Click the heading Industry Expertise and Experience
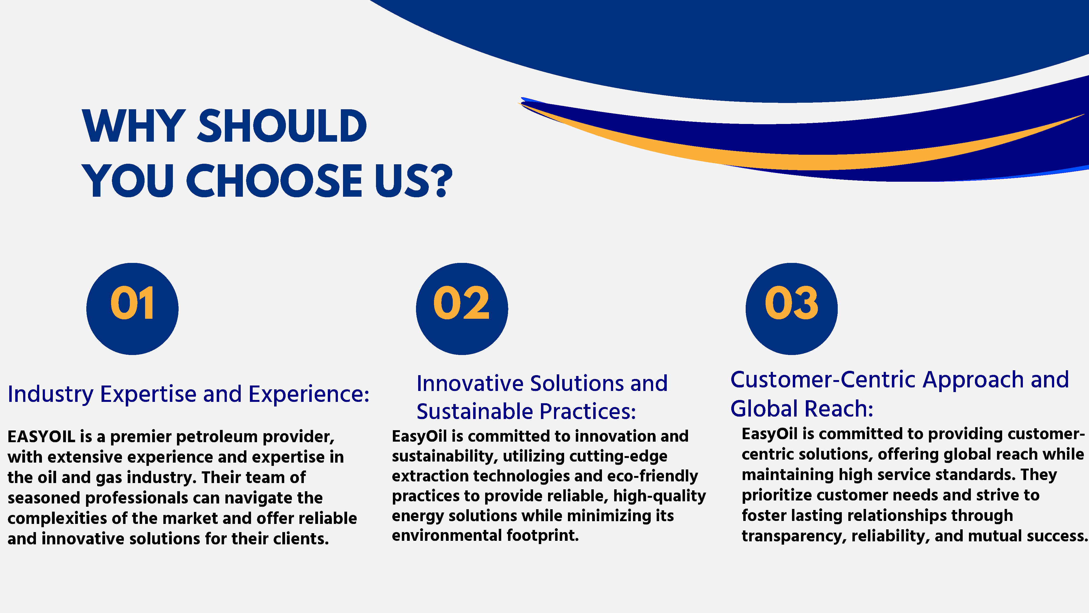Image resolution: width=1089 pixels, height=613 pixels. [x=189, y=394]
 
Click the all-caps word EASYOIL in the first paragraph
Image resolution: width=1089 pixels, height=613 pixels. [x=41, y=436]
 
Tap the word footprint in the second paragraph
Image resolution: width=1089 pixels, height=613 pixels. [x=543, y=536]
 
